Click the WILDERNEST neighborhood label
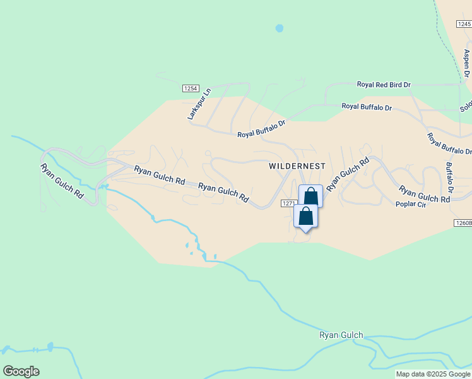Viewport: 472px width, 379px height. coord(297,166)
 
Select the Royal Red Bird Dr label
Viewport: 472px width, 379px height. coord(384,84)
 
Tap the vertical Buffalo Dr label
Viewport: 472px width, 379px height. coord(449,177)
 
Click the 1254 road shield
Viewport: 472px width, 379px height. coord(191,88)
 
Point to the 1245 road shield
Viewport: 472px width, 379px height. coord(464,24)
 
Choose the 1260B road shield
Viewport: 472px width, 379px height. coord(463,223)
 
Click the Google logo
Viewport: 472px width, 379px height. coord(21,371)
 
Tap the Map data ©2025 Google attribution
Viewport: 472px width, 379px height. coord(433,374)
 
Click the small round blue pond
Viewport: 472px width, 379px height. coord(280,28)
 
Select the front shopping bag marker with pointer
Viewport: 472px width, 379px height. coord(305,217)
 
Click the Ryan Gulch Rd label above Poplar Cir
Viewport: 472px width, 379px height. coord(424,194)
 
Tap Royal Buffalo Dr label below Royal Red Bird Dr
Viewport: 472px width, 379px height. coord(367,107)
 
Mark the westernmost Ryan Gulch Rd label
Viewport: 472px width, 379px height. coord(62,182)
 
